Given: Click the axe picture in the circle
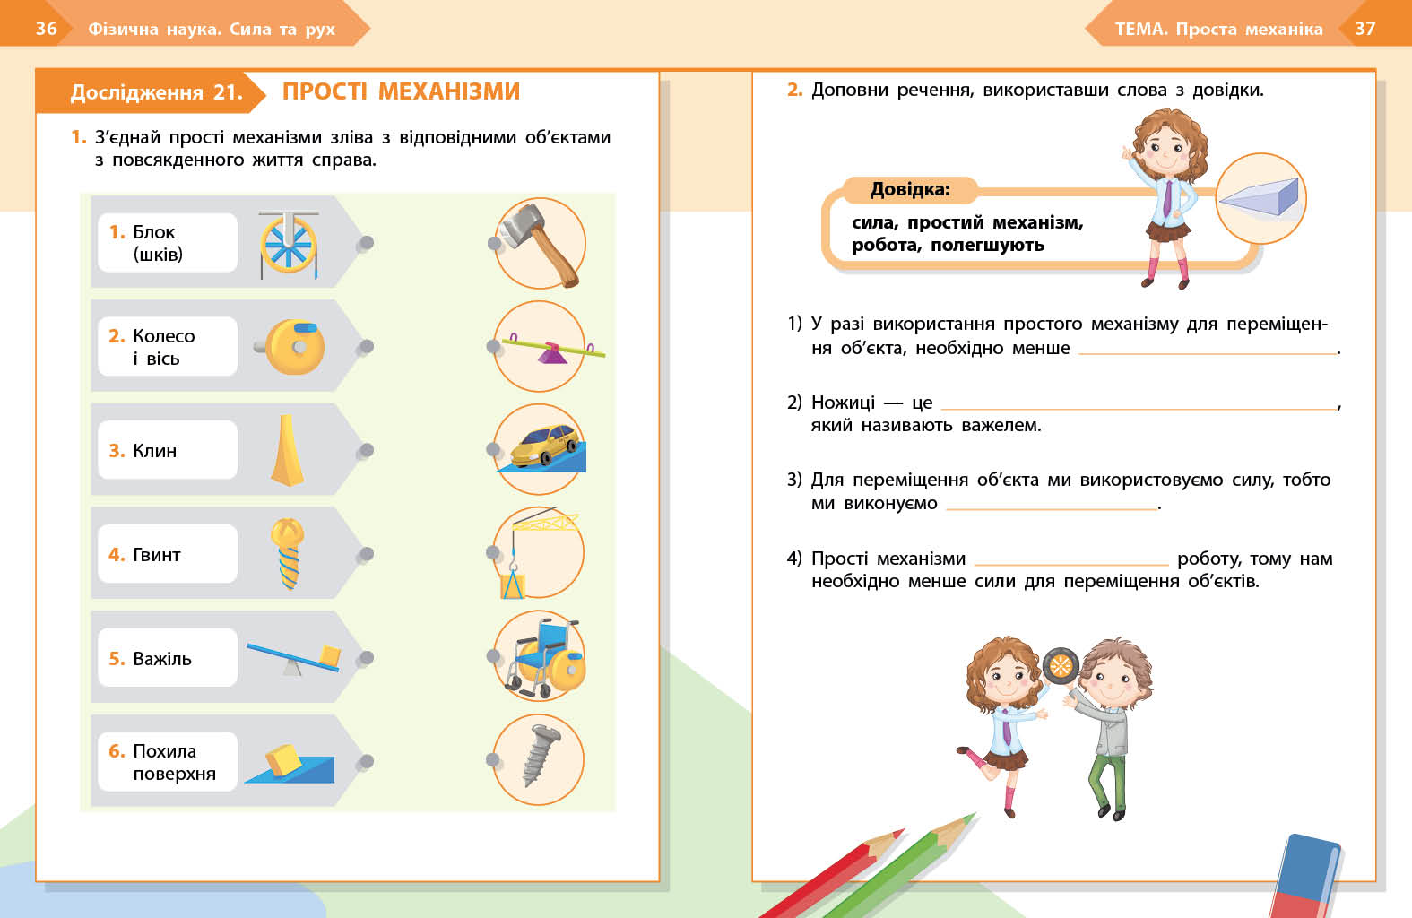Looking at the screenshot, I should [x=540, y=243].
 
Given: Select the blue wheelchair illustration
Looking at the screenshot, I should [x=542, y=657].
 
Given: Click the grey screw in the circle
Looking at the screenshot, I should [x=539, y=758].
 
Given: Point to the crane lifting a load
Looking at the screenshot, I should [x=539, y=552].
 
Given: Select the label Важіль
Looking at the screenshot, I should [x=161, y=659].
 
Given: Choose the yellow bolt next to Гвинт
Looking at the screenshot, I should [x=288, y=553].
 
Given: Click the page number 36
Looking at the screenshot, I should [x=47, y=29].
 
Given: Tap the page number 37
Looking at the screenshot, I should [x=1364, y=29].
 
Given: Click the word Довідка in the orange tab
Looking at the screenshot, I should [x=909, y=190].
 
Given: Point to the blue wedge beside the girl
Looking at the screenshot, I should [x=1260, y=197].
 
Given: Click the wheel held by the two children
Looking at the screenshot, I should [x=1060, y=665].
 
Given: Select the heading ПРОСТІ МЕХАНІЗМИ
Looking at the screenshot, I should [x=401, y=91].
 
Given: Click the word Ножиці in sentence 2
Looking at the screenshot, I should [x=843, y=403].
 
